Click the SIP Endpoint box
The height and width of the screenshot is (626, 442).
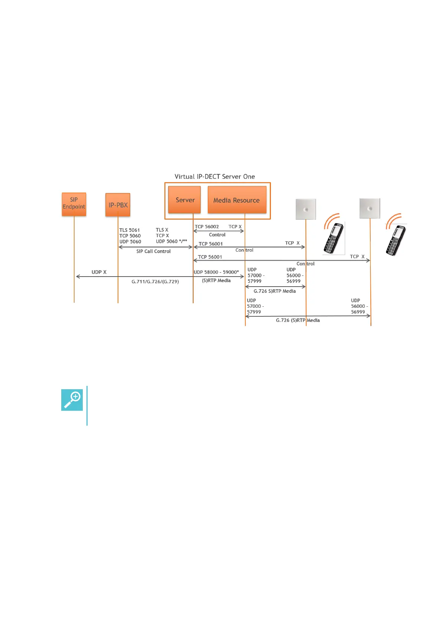74,204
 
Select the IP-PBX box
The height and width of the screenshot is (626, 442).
118,205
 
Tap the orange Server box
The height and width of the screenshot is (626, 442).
184,200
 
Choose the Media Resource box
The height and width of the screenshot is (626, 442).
237,200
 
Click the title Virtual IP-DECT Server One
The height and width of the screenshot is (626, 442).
215,177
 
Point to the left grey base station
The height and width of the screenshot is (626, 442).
306,209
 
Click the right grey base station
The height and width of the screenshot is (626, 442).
370,209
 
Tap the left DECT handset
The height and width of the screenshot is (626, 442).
333,238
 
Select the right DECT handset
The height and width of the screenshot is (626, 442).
396,240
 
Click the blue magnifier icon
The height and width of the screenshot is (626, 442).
72,400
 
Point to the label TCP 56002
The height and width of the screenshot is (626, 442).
207,227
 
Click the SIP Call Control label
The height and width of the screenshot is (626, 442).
153,251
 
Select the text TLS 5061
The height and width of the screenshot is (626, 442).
130,230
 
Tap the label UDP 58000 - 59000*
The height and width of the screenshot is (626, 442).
216,272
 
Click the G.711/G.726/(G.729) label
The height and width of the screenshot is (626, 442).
155,282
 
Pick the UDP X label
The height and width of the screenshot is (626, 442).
99,272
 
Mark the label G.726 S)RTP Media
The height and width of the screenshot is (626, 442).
275,291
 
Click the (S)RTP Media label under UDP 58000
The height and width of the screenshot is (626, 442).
216,281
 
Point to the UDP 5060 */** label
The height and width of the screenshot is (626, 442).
171,242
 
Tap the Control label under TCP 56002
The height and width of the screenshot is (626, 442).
217,235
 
